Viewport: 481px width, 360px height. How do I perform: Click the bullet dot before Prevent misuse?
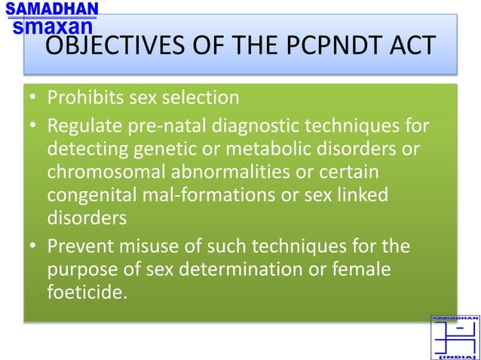[34, 246]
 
